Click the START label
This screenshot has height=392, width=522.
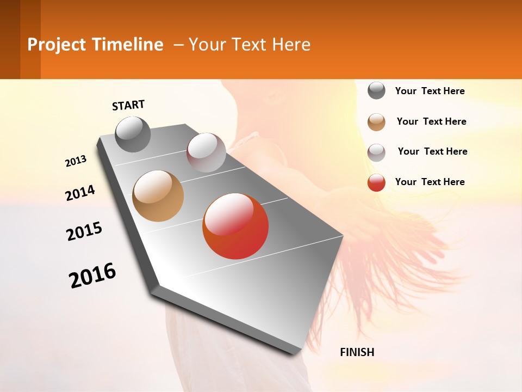pos(128,105)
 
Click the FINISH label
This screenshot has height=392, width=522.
pos(357,352)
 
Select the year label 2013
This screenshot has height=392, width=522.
pos(76,161)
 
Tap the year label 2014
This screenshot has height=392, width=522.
pos(80,193)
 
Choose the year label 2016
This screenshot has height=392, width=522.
pos(92,275)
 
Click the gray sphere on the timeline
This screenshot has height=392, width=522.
pos(133,134)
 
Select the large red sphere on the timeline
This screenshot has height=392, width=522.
pos(235,226)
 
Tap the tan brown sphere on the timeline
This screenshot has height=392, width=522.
pos(158,196)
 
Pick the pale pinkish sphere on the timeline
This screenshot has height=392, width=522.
pos(206,152)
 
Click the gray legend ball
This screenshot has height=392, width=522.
pos(376,90)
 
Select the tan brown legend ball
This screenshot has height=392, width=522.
pos(376,122)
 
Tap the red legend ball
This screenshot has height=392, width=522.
pos(376,182)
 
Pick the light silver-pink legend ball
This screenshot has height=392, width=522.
pos(376,152)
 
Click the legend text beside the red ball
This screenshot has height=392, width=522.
pos(430,182)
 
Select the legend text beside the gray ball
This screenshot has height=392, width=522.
pos(430,91)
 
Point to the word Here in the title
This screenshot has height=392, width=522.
pos(291,45)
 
